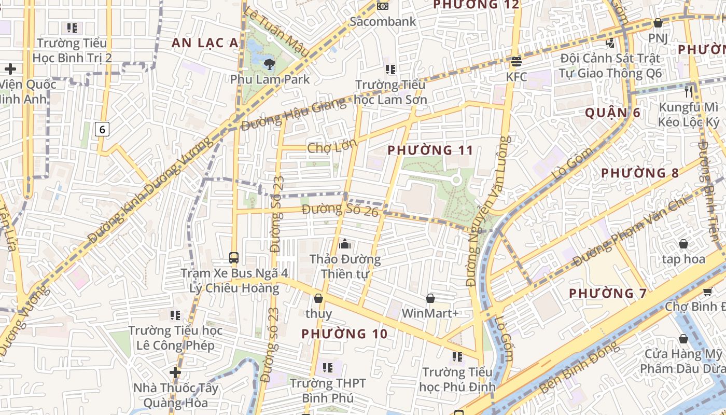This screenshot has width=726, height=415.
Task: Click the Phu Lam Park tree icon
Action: (x=269, y=64)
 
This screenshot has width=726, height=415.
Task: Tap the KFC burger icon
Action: (x=516, y=62)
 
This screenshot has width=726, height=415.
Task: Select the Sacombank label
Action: (x=383, y=21)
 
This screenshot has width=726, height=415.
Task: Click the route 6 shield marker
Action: (x=102, y=129)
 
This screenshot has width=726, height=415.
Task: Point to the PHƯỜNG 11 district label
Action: (x=430, y=150)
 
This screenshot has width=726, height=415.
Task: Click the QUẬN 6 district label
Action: (x=612, y=113)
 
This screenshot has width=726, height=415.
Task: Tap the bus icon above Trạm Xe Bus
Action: (x=234, y=257)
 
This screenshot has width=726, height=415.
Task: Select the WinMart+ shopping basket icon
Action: (x=430, y=298)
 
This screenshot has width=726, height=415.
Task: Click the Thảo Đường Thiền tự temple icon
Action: (x=344, y=243)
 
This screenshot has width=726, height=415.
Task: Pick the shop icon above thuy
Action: (x=318, y=298)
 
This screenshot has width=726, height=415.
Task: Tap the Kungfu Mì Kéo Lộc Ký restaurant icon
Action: (x=689, y=92)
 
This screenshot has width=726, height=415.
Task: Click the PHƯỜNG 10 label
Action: (x=344, y=334)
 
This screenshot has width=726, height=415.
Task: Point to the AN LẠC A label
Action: (x=205, y=43)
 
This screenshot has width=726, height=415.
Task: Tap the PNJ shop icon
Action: (x=658, y=23)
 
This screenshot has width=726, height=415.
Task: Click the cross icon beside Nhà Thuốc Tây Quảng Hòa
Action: (x=175, y=372)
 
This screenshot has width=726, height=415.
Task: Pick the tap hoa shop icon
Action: (x=683, y=244)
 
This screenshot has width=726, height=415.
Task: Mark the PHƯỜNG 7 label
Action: (x=608, y=293)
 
